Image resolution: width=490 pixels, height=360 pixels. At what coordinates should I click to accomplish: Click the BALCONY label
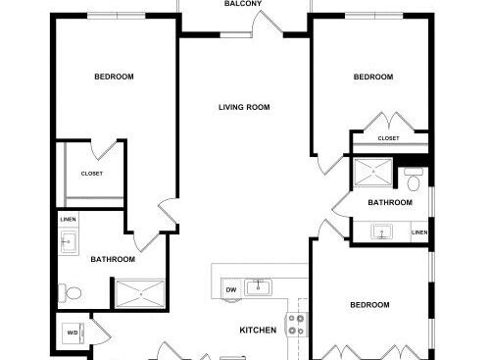pos(243,4)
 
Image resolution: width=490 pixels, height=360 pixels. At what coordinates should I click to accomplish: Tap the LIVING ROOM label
pos(244,107)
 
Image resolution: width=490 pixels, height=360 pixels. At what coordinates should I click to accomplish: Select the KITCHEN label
pos(258,330)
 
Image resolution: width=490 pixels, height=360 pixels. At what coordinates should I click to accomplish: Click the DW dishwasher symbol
pos(231,289)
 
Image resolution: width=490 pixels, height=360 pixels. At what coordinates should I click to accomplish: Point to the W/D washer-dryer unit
pos(73,334)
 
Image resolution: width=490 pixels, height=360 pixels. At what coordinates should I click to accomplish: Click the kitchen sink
pos(258,287)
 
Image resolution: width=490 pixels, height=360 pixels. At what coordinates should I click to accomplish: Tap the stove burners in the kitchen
pos(297,325)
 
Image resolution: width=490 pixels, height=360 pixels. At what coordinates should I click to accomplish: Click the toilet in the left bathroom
pos(70,293)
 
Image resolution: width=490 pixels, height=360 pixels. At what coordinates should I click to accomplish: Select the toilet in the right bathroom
pos(414,180)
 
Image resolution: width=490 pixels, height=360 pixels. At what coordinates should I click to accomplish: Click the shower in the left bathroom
pos(140,294)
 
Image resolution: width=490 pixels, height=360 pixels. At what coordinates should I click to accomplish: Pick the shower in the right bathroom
pos(373,172)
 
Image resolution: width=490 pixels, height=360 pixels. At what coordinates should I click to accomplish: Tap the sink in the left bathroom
pos(69,242)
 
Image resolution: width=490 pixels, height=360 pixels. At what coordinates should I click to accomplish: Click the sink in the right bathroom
pos(382,231)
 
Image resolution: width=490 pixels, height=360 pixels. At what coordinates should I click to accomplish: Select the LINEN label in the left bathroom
pos(69,220)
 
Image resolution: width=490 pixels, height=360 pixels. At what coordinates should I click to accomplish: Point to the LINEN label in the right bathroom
pos(419,232)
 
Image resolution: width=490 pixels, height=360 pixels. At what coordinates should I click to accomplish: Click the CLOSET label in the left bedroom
pos(92,174)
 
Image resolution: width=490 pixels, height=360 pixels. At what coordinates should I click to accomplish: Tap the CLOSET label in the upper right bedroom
pos(388,138)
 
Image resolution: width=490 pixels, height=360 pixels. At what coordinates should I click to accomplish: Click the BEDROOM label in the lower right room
pos(369,305)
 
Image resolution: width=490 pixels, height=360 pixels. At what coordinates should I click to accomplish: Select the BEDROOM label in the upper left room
pos(114,77)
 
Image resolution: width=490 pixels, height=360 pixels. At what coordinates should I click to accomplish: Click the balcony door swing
pos(268,23)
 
